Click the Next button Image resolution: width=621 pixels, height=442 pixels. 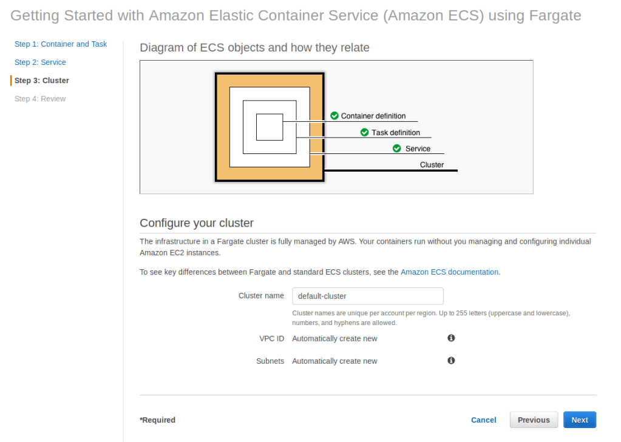point(579,420)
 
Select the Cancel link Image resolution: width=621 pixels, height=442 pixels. point(483,420)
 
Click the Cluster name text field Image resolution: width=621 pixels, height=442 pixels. point(367,296)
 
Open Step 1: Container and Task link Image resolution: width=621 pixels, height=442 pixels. point(61,44)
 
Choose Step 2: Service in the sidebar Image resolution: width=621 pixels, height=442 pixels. point(40,62)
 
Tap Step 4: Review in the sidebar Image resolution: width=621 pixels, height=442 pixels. point(40,99)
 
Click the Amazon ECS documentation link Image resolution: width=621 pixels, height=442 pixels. point(449,272)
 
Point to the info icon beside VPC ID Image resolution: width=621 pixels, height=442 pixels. point(451,338)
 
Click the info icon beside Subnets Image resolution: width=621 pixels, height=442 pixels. point(451,360)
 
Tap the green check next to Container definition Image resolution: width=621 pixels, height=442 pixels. point(334,116)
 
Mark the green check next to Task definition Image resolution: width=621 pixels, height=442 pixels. point(364,132)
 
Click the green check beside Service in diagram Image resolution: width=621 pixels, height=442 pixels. point(397,149)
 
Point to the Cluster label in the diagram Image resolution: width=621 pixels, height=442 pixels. point(432,165)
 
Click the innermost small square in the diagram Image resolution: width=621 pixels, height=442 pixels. point(269,127)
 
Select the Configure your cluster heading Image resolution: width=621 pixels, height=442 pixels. point(197,223)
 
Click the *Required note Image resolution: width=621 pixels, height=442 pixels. point(158,420)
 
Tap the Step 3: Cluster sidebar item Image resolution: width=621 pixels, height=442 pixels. point(42,81)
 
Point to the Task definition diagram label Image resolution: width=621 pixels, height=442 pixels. point(396,133)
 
